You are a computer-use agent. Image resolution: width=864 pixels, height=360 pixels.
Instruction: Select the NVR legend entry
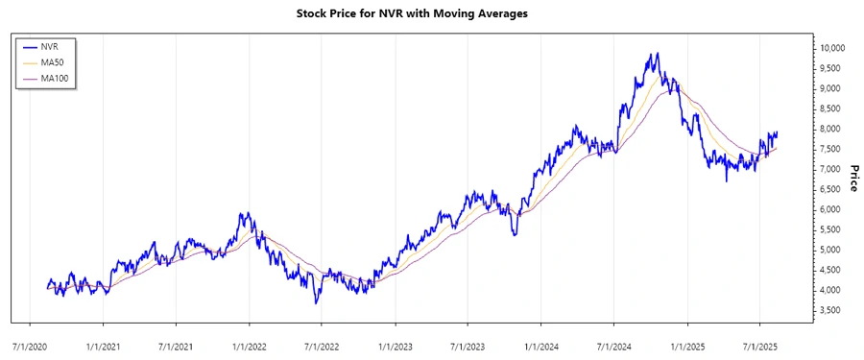click(53, 45)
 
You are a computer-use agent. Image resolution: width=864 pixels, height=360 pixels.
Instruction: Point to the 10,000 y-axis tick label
click(830, 48)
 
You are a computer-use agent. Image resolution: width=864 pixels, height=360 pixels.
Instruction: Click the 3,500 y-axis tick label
click(829, 310)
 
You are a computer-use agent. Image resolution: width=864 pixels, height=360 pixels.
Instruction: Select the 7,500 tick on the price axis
click(829, 149)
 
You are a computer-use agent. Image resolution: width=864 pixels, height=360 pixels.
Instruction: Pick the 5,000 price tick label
click(829, 250)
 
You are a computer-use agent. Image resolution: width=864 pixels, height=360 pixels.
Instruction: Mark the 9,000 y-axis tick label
click(829, 88)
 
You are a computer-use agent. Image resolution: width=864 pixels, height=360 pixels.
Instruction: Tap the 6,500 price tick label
click(829, 189)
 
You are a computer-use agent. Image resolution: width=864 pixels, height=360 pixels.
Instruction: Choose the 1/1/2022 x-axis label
click(249, 342)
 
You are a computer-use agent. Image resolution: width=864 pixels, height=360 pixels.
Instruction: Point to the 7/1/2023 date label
click(467, 342)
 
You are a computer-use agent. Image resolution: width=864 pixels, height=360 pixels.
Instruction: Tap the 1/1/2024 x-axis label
click(540, 342)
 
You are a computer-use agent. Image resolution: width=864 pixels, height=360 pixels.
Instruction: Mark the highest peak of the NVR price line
click(657, 54)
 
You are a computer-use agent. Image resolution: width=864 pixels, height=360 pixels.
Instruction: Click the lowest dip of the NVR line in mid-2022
click(317, 303)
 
